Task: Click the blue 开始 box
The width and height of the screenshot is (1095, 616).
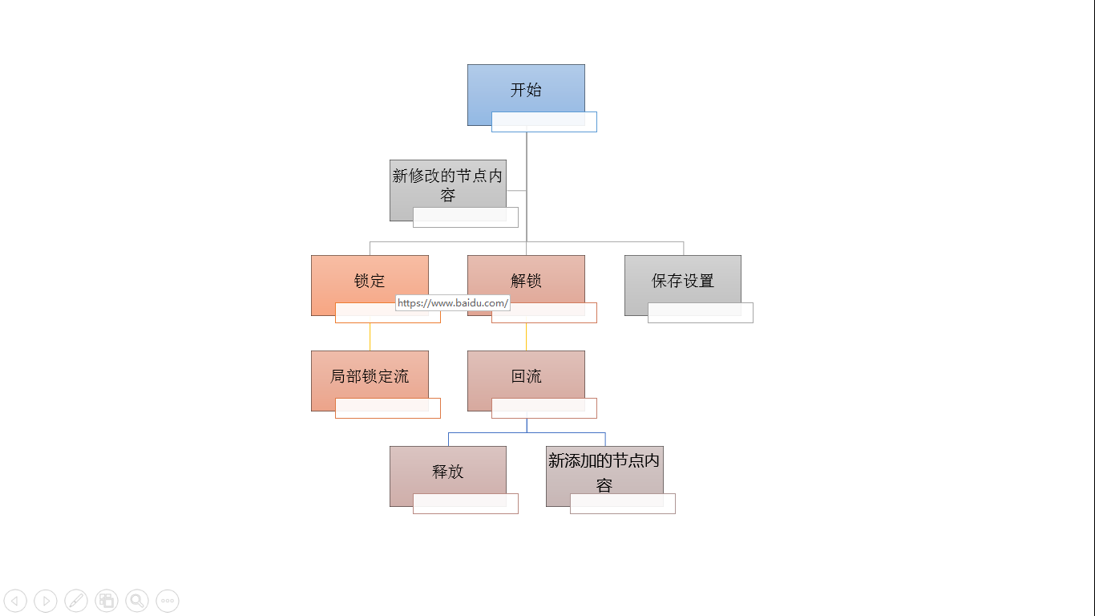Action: point(526,91)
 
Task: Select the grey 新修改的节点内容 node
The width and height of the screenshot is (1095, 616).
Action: point(448,185)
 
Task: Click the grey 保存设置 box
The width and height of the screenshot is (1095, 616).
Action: point(683,280)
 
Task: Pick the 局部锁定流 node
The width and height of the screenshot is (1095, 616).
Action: point(370,375)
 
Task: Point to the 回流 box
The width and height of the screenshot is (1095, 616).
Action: point(526,375)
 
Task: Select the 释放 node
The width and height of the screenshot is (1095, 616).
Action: point(448,471)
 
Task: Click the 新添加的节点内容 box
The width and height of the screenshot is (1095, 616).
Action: point(604,471)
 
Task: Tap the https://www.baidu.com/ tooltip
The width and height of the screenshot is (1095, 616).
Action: point(453,303)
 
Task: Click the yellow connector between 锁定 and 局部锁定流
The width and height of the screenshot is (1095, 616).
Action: point(370,337)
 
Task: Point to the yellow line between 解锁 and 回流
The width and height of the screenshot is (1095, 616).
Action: point(526,337)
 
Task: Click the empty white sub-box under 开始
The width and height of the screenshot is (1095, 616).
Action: point(544,122)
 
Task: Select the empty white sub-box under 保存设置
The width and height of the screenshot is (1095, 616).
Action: point(701,313)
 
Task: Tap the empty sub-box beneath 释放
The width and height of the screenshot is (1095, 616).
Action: point(466,504)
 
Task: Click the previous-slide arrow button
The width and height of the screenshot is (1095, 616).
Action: point(15,600)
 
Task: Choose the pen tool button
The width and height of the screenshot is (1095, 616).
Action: point(76,600)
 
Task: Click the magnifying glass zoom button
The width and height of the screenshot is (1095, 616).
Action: point(137,600)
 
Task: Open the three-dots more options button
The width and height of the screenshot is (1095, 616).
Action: point(168,600)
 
